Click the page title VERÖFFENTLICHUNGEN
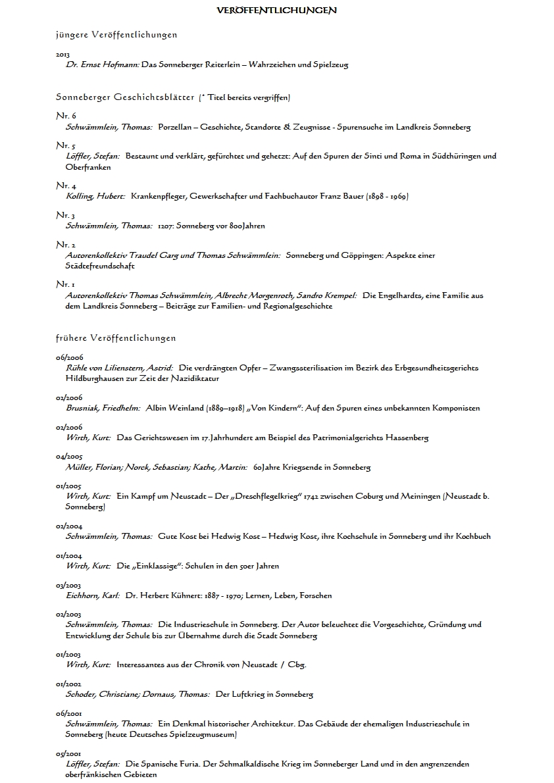click(276, 11)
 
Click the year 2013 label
click(63, 55)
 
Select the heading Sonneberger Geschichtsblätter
click(125, 97)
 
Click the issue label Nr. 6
click(66, 116)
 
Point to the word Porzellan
click(176, 127)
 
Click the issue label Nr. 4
click(66, 186)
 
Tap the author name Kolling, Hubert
click(95, 197)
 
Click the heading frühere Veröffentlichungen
click(116, 338)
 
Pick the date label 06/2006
click(69, 357)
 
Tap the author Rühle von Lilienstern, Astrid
click(119, 368)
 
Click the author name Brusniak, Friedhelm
click(103, 408)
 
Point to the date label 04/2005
click(69, 457)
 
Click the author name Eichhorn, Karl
click(93, 595)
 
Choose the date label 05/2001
click(69, 753)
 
